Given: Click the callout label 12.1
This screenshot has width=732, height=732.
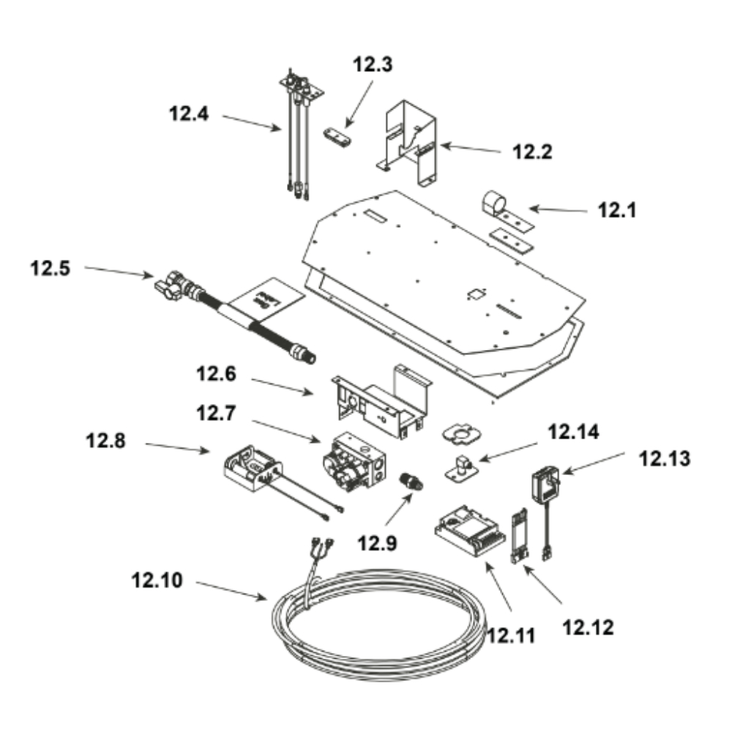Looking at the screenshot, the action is (616, 210).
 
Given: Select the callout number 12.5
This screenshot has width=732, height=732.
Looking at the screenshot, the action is (50, 269).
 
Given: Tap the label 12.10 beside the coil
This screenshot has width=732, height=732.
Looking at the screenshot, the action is (157, 580).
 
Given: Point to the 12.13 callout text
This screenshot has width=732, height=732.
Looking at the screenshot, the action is (664, 459).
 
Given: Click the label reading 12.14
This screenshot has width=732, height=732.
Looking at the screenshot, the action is (573, 432).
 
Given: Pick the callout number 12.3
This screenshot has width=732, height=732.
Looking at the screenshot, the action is (373, 64).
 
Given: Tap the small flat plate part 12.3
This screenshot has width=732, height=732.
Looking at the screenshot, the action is (337, 138).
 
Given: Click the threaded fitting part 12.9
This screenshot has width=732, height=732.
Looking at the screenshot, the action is (411, 482).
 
